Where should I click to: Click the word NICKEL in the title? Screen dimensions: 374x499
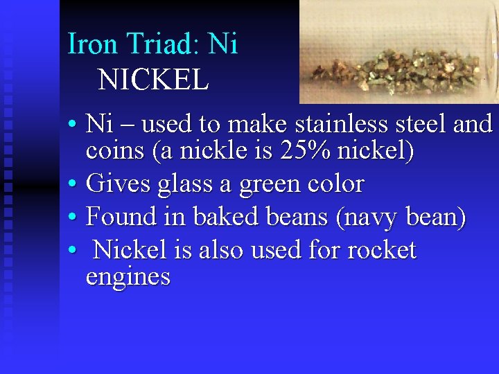point(153,80)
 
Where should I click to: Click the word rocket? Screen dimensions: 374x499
point(379,250)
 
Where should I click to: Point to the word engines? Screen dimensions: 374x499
point(128,276)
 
